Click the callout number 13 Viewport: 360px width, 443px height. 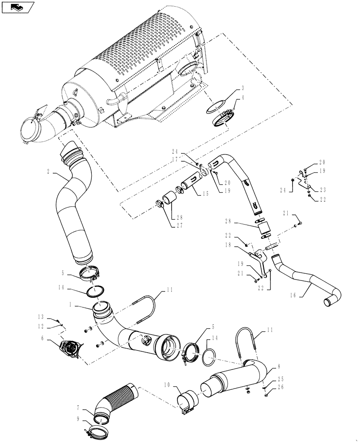(x=41, y=316)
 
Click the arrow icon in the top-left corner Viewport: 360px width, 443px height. (x=17, y=7)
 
